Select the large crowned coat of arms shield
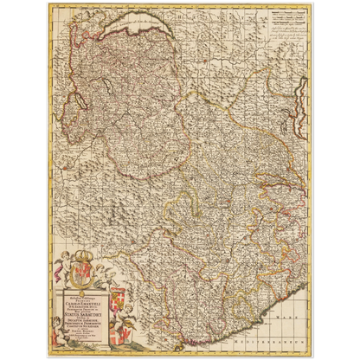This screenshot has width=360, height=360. (73, 280)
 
